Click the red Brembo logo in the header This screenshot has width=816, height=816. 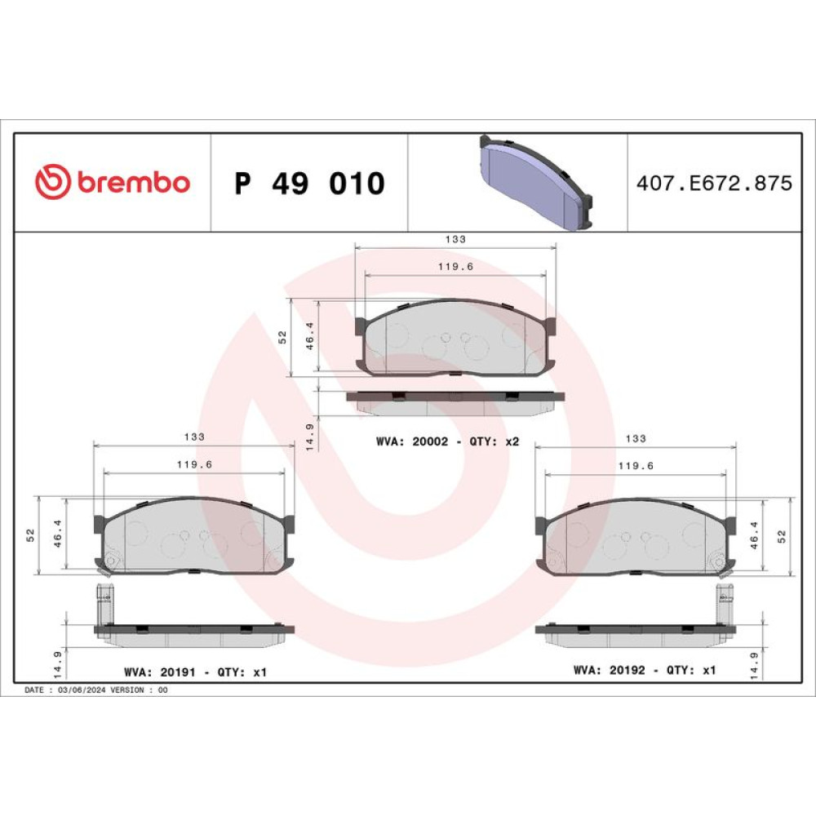tap(113, 182)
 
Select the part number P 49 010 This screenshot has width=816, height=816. tap(309, 183)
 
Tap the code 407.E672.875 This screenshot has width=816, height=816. tap(714, 183)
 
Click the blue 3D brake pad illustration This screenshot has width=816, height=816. tap(536, 182)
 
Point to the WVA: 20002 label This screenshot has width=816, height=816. tap(411, 441)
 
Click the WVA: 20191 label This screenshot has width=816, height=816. tap(160, 672)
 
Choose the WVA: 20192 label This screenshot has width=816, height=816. tap(609, 670)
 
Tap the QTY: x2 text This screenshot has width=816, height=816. tap(494, 441)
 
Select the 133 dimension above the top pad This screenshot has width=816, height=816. tap(455, 239)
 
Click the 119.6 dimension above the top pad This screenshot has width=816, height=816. tap(455, 267)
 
